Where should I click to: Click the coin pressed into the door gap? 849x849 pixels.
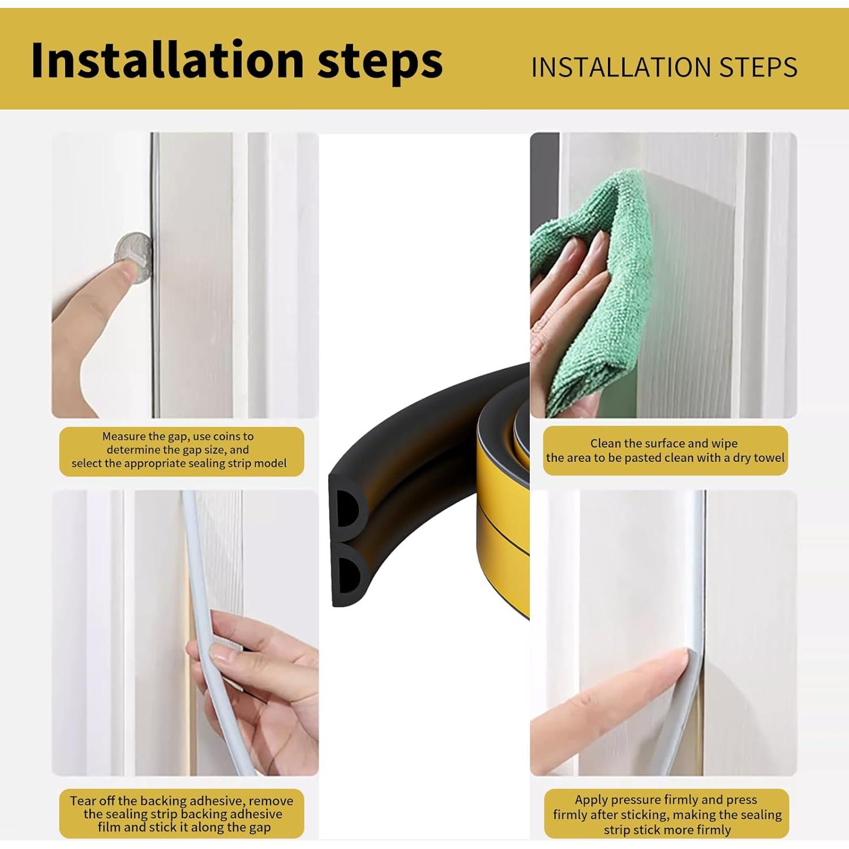click(x=134, y=258)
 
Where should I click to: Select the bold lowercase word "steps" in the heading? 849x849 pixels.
click(x=380, y=62)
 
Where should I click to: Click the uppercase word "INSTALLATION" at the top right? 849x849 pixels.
click(x=621, y=67)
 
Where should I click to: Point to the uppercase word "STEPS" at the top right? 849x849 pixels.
click(x=758, y=67)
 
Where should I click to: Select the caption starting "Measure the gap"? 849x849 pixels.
click(x=179, y=450)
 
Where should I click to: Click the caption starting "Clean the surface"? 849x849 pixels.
click(x=665, y=451)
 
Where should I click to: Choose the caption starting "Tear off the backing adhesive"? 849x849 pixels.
click(x=182, y=814)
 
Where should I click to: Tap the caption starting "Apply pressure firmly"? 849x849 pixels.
click(x=667, y=814)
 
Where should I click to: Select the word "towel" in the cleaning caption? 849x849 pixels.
click(x=770, y=457)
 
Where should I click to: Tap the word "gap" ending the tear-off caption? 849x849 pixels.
click(x=260, y=827)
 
